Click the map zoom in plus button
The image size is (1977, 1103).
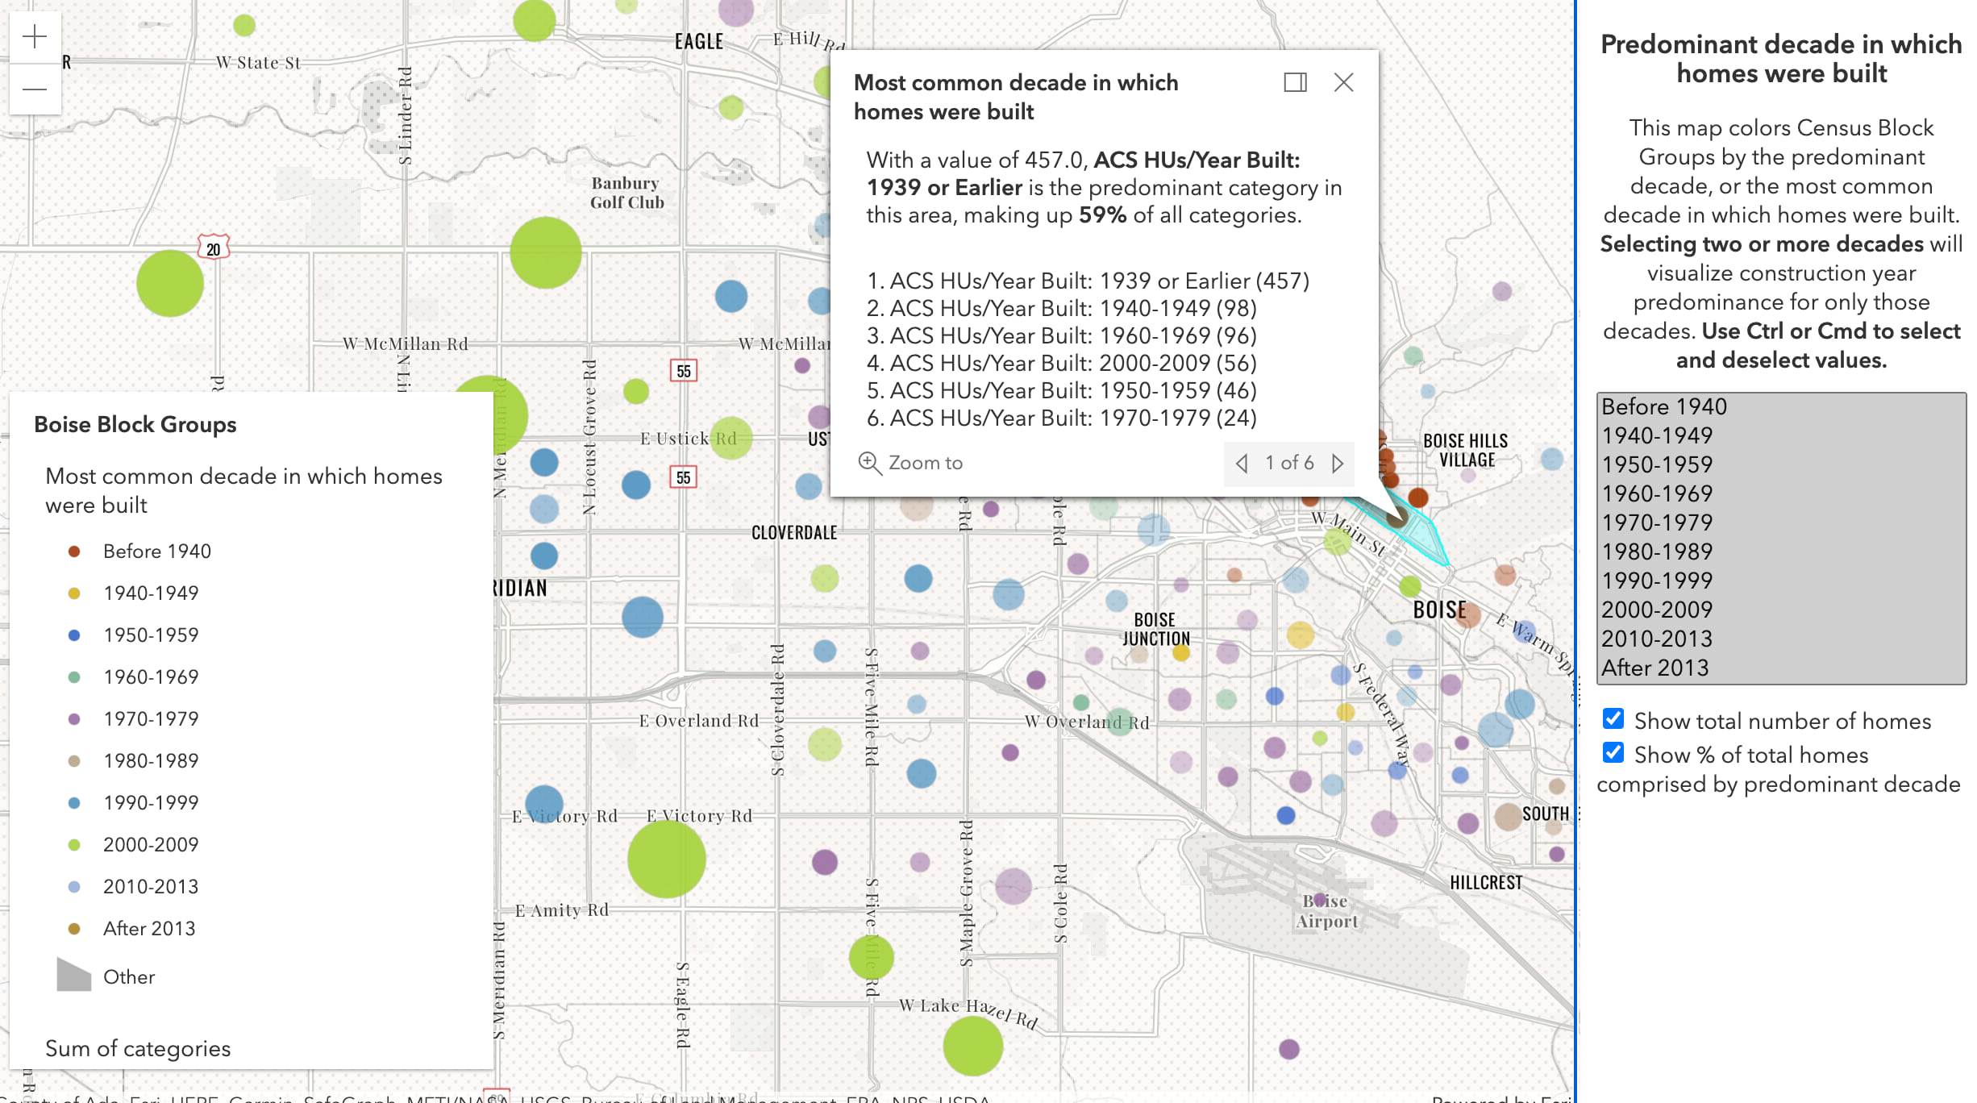pyautogui.click(x=35, y=36)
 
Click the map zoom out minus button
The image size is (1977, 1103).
pyautogui.click(x=35, y=89)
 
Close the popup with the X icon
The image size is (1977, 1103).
pyautogui.click(x=1343, y=82)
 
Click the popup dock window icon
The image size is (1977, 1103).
pyautogui.click(x=1295, y=82)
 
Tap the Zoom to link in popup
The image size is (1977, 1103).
pyautogui.click(x=911, y=463)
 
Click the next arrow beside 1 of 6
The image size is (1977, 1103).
pyautogui.click(x=1338, y=464)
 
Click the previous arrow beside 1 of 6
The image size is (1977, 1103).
pyautogui.click(x=1242, y=464)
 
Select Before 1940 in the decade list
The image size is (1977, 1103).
pyautogui.click(x=1664, y=406)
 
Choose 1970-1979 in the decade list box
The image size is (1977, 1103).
pyautogui.click(x=1656, y=522)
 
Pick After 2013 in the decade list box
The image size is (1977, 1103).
pyautogui.click(x=1654, y=668)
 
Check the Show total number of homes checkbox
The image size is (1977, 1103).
pyautogui.click(x=1613, y=718)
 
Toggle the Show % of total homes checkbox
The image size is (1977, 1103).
pyautogui.click(x=1613, y=752)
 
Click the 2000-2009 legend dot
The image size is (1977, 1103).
pyautogui.click(x=74, y=845)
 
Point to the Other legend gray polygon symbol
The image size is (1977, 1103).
pyautogui.click(x=74, y=976)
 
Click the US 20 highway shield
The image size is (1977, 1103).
pyautogui.click(x=214, y=248)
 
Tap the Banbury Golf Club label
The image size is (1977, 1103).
pyautogui.click(x=626, y=193)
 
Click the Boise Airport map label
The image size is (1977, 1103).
pyautogui.click(x=1327, y=911)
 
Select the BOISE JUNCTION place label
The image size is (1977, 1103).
pyautogui.click(x=1155, y=629)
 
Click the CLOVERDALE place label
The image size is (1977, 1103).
pyautogui.click(x=794, y=532)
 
